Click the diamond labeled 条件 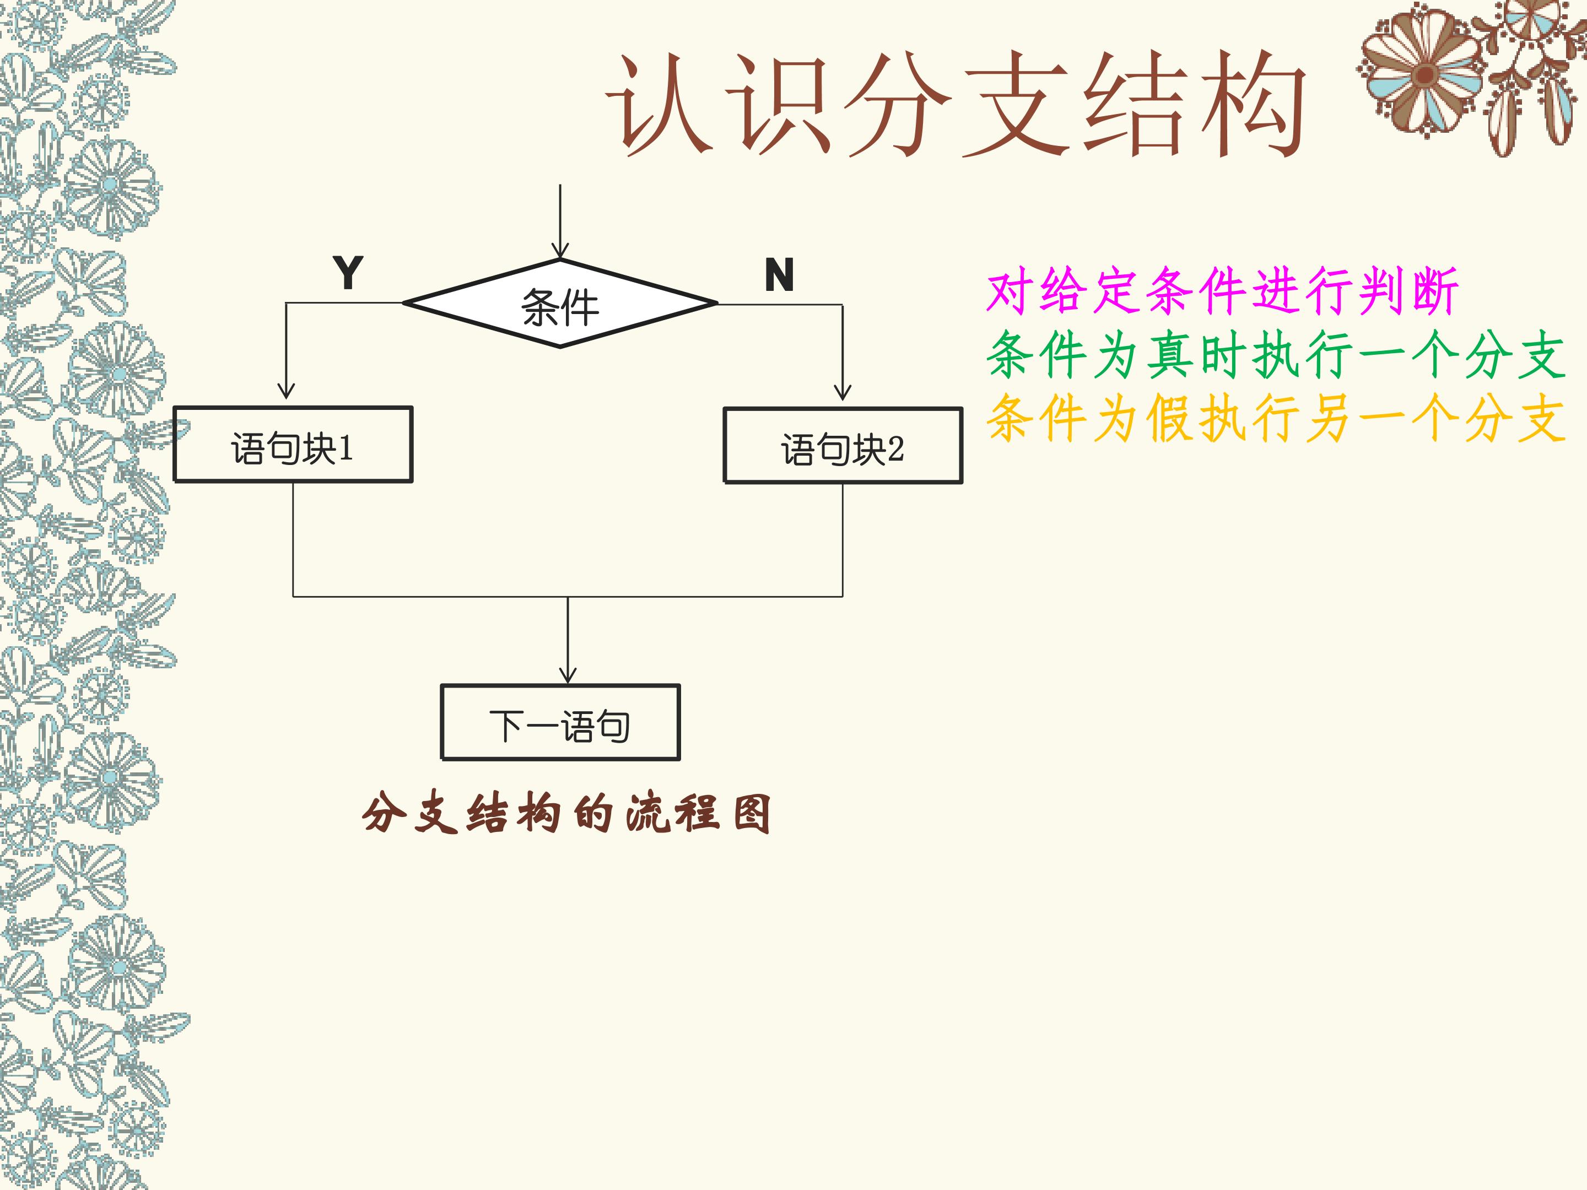tap(560, 304)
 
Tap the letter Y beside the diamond tap(348, 273)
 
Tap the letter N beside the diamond tap(779, 275)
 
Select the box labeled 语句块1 tap(293, 445)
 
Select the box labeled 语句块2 tap(843, 446)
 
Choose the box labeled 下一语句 tap(560, 722)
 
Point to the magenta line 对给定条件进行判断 tap(1222, 291)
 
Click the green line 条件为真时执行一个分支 tap(1275, 355)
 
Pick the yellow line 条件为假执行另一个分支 tap(1275, 418)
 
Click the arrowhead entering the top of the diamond tap(560, 251)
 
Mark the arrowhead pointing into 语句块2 tap(843, 392)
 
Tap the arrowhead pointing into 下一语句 tap(568, 674)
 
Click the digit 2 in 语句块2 tap(896, 450)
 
